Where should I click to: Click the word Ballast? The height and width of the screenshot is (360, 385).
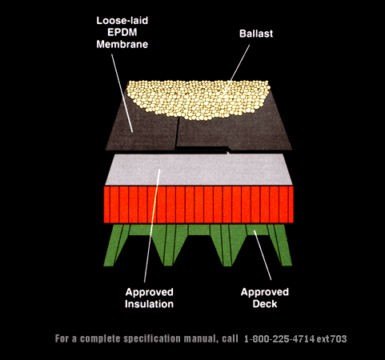256,34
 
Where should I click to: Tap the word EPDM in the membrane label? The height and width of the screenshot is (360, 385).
122,32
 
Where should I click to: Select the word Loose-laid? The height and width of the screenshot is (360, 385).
122,21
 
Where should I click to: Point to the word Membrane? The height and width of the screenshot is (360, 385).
122,44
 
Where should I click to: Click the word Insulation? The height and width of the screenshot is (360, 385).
149,304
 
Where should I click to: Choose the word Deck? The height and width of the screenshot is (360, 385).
265,304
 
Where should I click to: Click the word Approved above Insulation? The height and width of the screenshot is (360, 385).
149,292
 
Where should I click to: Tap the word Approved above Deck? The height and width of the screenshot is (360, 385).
265,292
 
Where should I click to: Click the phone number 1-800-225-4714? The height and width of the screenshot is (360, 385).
279,339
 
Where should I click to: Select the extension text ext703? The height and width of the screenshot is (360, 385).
332,339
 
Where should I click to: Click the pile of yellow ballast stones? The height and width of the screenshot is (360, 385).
198,98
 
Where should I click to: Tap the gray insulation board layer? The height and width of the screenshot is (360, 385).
199,170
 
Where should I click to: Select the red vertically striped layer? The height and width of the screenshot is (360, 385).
199,205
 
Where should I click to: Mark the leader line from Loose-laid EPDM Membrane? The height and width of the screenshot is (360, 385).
122,93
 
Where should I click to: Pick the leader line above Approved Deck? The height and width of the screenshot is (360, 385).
263,255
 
